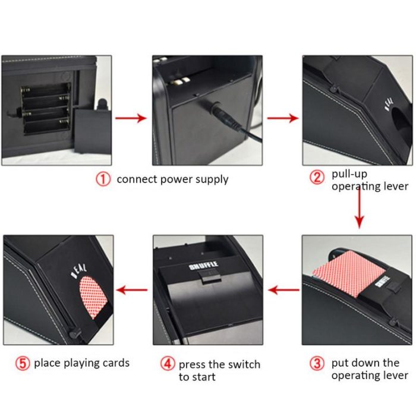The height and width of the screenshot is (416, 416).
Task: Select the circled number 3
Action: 318,363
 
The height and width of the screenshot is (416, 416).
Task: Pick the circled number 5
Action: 23,363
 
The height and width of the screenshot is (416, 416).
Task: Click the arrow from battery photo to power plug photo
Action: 130,118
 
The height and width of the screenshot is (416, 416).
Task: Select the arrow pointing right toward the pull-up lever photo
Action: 282,118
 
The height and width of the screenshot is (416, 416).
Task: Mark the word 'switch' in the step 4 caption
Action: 244,364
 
